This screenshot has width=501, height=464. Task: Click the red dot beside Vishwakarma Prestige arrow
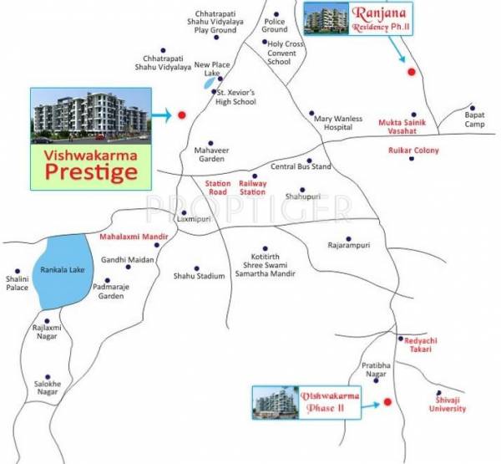coord(182,115)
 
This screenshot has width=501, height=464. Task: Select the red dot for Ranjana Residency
coord(410,73)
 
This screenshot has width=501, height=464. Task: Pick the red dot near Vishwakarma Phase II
coord(388,403)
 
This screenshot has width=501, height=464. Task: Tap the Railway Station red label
coord(252,186)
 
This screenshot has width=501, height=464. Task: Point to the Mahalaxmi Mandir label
coord(134,237)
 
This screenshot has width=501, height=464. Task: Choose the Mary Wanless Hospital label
coord(338,124)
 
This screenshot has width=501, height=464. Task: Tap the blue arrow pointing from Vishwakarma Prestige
coord(162,115)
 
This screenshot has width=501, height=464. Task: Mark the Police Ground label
coord(275,24)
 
